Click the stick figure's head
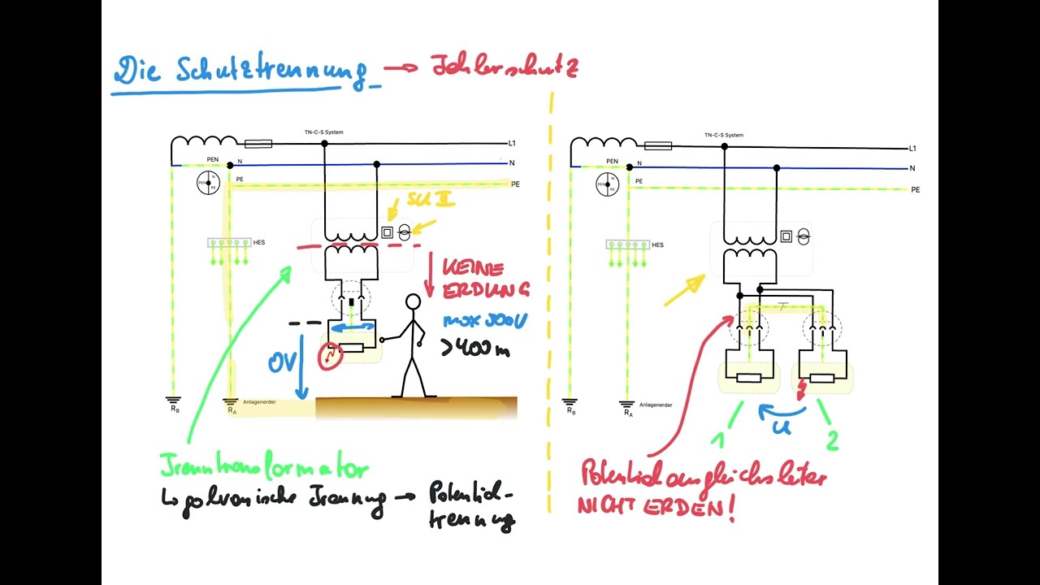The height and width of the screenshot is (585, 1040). [x=414, y=303]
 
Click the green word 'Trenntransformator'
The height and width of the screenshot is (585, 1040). [x=264, y=469]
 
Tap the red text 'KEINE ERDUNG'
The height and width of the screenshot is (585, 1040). [x=486, y=278]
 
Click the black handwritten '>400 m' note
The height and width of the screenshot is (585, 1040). [x=475, y=349]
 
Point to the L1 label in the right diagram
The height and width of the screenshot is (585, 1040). [x=912, y=149]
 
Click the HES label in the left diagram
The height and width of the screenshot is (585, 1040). [x=258, y=243]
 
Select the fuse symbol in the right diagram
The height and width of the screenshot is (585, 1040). [x=658, y=146]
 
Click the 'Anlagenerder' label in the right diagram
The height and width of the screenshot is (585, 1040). [x=655, y=404]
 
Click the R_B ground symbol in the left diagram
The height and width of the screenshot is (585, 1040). [x=173, y=401]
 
